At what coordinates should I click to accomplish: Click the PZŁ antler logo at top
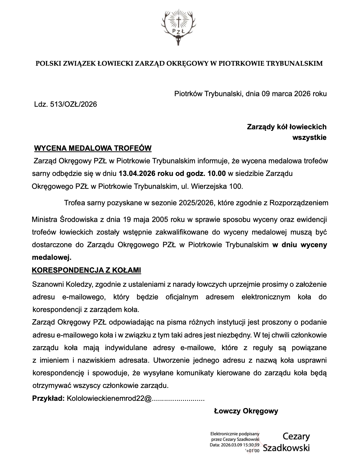click(x=178, y=27)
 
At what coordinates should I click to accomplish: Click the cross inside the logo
click(x=178, y=22)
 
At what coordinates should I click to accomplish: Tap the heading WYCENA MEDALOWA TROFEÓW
click(x=93, y=148)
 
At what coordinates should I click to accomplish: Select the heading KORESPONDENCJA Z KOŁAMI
click(x=86, y=270)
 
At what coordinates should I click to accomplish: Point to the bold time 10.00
click(x=217, y=173)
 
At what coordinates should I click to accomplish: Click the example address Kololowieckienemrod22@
click(x=109, y=398)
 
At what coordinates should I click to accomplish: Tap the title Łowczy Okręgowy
click(x=246, y=411)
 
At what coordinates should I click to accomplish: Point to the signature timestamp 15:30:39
click(x=249, y=445)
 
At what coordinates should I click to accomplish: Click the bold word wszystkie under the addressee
click(x=309, y=137)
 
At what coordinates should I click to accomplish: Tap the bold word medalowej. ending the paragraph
click(x=52, y=258)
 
